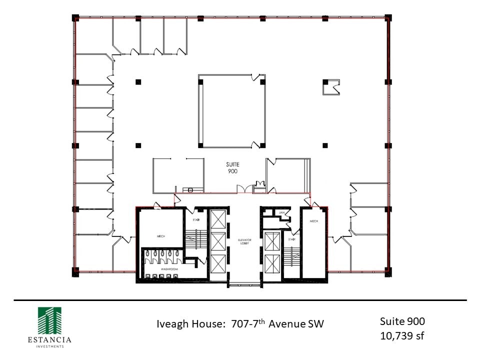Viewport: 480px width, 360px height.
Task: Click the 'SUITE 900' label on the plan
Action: coord(232,167)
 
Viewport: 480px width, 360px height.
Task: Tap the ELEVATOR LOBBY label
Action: coord(244,242)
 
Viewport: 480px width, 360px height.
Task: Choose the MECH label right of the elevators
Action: coord(314,221)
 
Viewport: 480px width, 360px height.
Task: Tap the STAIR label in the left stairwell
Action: coord(196,219)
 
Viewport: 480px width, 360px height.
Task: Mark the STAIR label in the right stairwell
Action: coord(291,239)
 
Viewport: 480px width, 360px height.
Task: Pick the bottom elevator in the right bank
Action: coord(272,263)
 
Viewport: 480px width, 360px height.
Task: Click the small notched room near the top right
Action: coord(330,87)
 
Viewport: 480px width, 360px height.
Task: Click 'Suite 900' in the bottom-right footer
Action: coord(402,321)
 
